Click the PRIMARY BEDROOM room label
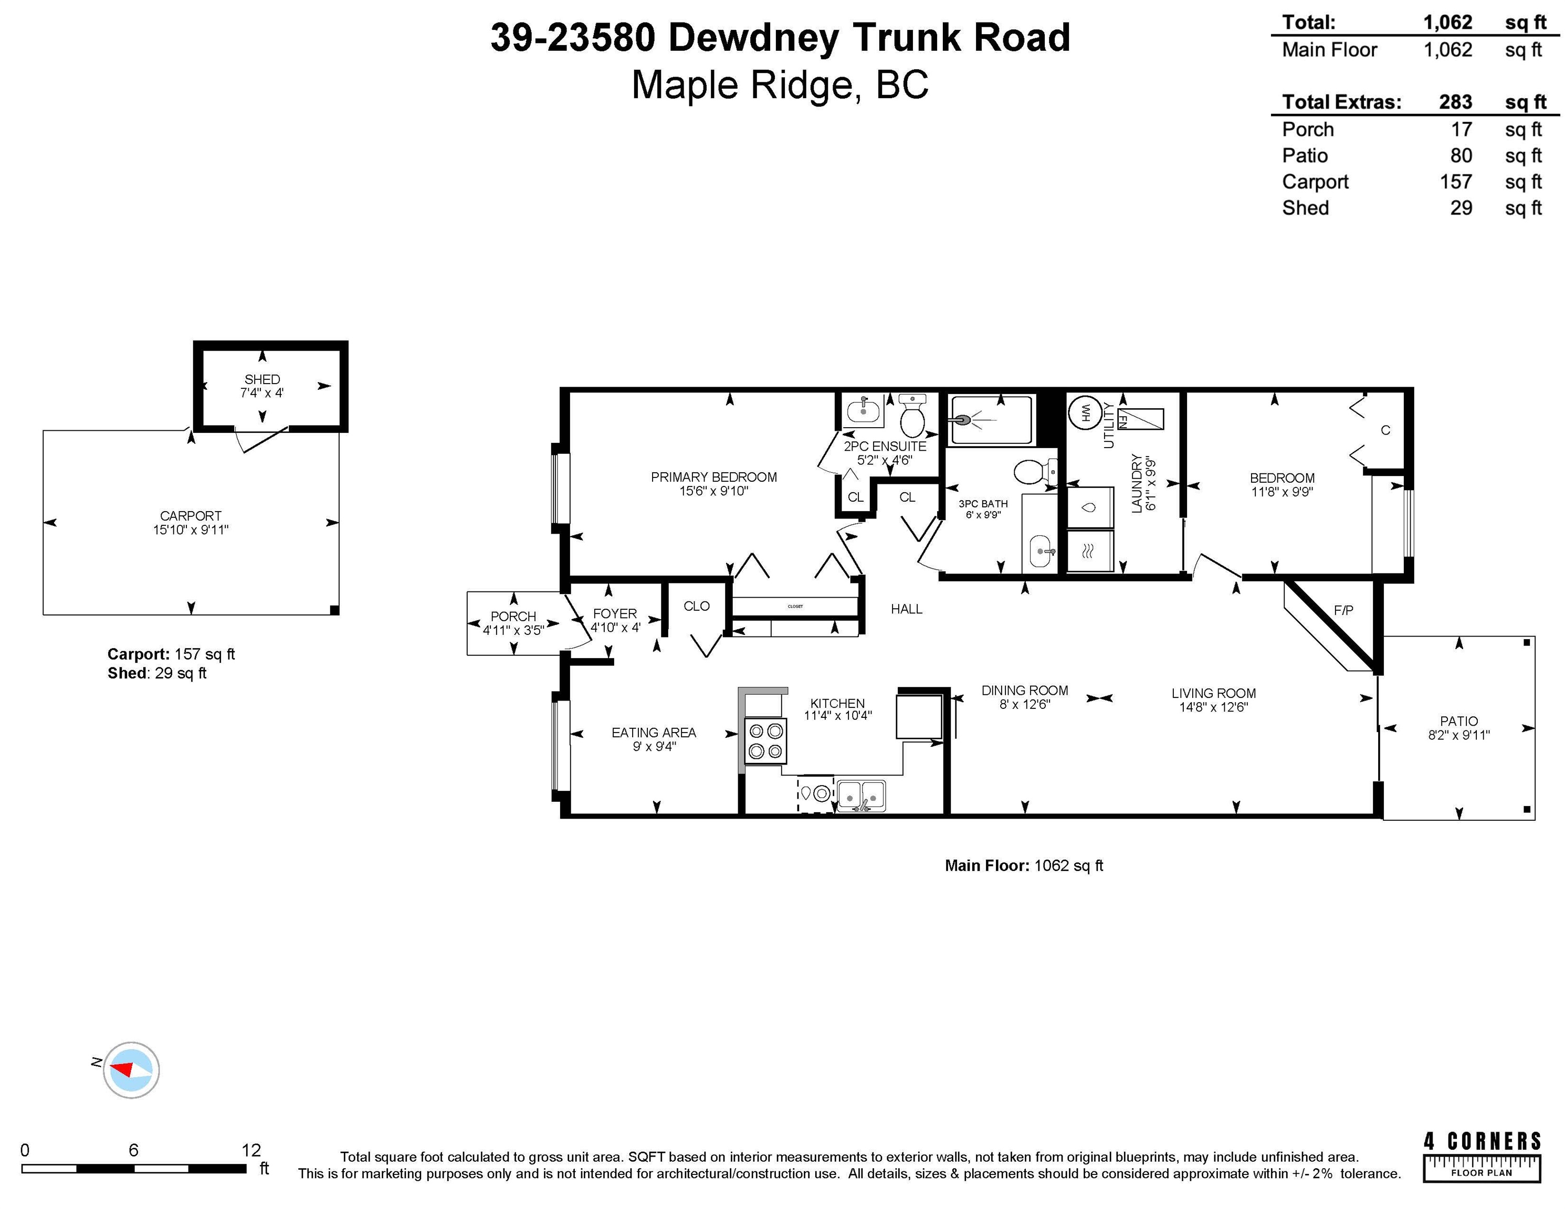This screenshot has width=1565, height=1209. point(713,477)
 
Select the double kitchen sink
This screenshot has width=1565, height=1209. point(862,795)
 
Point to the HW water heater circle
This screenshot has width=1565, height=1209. point(1084,412)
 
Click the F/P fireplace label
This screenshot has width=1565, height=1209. point(1343,610)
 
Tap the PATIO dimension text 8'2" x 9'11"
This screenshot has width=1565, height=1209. point(1458,735)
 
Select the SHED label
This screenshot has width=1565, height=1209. point(262,379)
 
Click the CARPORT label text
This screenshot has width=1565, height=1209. point(191,516)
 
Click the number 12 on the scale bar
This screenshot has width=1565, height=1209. point(251,1150)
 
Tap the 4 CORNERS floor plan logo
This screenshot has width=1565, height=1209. point(1482,1156)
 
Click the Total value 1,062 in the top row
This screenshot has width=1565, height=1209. point(1447,22)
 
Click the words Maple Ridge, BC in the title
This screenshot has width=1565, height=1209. point(780,84)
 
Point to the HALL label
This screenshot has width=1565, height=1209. point(907,609)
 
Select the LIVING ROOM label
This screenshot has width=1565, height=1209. point(1213,693)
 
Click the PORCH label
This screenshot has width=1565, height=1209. point(513,616)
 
